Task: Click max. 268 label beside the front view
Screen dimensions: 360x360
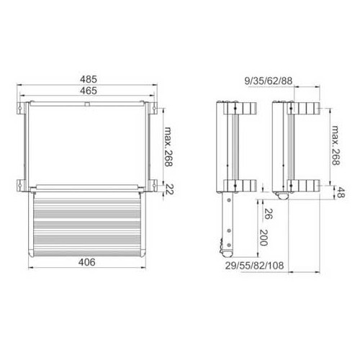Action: pyautogui.click(x=168, y=147)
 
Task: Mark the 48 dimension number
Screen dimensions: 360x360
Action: pyautogui.click(x=341, y=192)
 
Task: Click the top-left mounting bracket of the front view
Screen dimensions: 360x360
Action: pyautogui.click(x=19, y=109)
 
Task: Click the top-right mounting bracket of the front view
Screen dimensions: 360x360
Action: pyautogui.click(x=154, y=109)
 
